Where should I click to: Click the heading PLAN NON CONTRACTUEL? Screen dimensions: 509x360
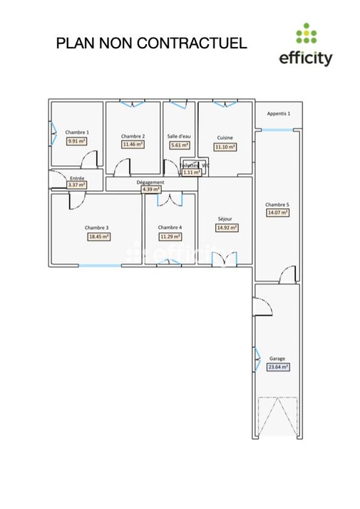tap(151, 43)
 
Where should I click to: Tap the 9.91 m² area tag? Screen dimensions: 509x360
tap(77, 141)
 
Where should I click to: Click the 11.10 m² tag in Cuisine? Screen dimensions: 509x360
tap(225, 147)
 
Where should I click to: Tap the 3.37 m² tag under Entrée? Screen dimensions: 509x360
tap(76, 185)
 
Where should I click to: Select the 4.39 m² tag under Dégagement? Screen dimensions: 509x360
tap(150, 190)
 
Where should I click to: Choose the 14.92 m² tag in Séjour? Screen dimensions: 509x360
tap(226, 228)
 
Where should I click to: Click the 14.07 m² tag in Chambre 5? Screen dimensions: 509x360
tap(277, 212)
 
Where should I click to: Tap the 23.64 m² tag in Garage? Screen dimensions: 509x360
tap(277, 368)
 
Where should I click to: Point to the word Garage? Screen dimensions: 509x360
tap(277, 359)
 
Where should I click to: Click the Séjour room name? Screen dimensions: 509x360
tap(226, 220)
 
